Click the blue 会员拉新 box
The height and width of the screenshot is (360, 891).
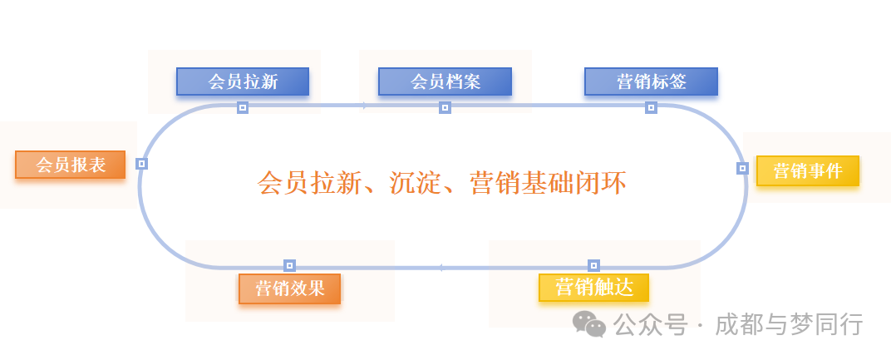[x=243, y=81]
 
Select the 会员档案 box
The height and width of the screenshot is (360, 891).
[x=445, y=81]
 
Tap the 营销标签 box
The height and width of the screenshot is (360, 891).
[x=651, y=81]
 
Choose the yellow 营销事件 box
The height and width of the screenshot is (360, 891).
[x=807, y=171]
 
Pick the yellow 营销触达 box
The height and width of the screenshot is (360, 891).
[x=593, y=288]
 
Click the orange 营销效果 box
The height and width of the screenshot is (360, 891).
[x=289, y=288]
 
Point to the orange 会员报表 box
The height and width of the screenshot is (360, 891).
[x=71, y=165]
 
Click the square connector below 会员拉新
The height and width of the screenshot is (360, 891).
[x=243, y=107]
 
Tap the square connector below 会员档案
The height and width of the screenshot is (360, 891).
[x=445, y=107]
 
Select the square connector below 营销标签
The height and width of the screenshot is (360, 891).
[x=651, y=107]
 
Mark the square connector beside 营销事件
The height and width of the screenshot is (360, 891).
[x=742, y=168]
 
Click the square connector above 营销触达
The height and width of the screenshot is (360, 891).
[x=593, y=265]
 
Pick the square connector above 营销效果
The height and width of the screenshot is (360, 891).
[x=289, y=265]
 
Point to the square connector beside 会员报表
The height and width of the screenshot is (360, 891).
[x=141, y=164]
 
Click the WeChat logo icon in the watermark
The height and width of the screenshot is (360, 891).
[x=592, y=324]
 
